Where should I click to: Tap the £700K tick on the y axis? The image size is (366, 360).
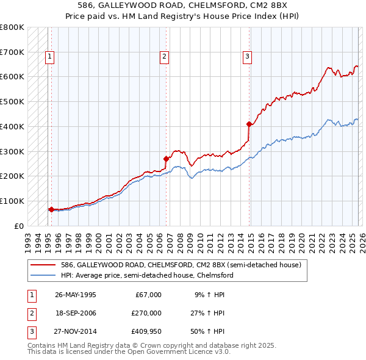[x=12, y=52]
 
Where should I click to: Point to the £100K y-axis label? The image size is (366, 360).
[x=12, y=201]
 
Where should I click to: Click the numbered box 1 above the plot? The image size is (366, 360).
[x=49, y=57]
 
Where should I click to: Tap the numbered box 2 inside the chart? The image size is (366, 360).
[x=165, y=57]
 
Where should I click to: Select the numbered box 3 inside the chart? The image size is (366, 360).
[x=247, y=57]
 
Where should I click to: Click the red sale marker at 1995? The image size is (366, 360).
[x=51, y=209]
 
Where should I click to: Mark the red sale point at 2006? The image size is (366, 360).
[x=166, y=159]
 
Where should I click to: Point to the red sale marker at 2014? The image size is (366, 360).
[x=249, y=124]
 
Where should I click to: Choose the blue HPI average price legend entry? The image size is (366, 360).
[x=147, y=275]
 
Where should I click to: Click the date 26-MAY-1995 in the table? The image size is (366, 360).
[x=76, y=295]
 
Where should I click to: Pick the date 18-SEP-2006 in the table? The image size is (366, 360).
[x=76, y=313]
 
